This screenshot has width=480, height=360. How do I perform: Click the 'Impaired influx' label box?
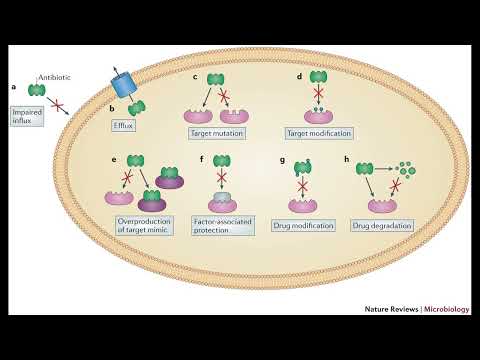[27, 118]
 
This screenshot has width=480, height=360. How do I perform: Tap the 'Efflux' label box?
[123, 127]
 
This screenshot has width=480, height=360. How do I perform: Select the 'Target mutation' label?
[215, 133]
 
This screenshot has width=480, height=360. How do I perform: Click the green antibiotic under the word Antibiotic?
[36, 90]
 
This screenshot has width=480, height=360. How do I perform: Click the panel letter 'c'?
[195, 77]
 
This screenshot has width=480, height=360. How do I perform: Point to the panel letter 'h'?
[347, 159]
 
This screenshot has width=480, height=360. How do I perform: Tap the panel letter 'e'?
[115, 159]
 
